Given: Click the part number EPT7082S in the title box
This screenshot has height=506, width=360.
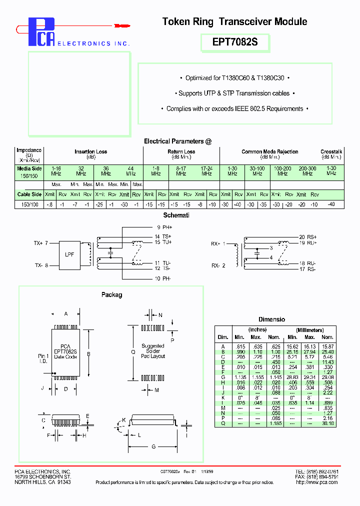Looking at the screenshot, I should tap(235, 42).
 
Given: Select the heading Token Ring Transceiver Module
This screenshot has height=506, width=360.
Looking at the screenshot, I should tap(234, 21).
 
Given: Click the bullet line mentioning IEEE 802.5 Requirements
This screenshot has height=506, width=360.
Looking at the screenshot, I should tap(234, 108).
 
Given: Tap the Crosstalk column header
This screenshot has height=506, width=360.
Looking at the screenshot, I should tap(331, 151).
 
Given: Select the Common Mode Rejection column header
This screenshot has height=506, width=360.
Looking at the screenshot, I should tap(269, 151).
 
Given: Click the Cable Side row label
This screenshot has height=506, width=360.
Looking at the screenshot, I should tap(29, 194).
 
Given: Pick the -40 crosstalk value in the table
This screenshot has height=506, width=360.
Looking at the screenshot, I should tap(331, 204).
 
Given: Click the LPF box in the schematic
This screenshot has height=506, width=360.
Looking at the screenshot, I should tap(69, 254).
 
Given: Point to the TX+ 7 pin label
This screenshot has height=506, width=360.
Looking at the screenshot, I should tap(41, 243).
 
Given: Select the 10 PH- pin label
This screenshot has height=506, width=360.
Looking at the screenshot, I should tap(163, 278).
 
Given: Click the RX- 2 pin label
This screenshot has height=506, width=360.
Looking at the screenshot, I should tap(218, 265).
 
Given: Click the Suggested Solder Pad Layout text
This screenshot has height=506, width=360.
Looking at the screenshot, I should tap(152, 351).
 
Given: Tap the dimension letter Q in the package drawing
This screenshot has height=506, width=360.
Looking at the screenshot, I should tap(133, 351).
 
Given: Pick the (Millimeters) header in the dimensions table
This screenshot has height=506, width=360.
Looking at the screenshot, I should tap(309, 330).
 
